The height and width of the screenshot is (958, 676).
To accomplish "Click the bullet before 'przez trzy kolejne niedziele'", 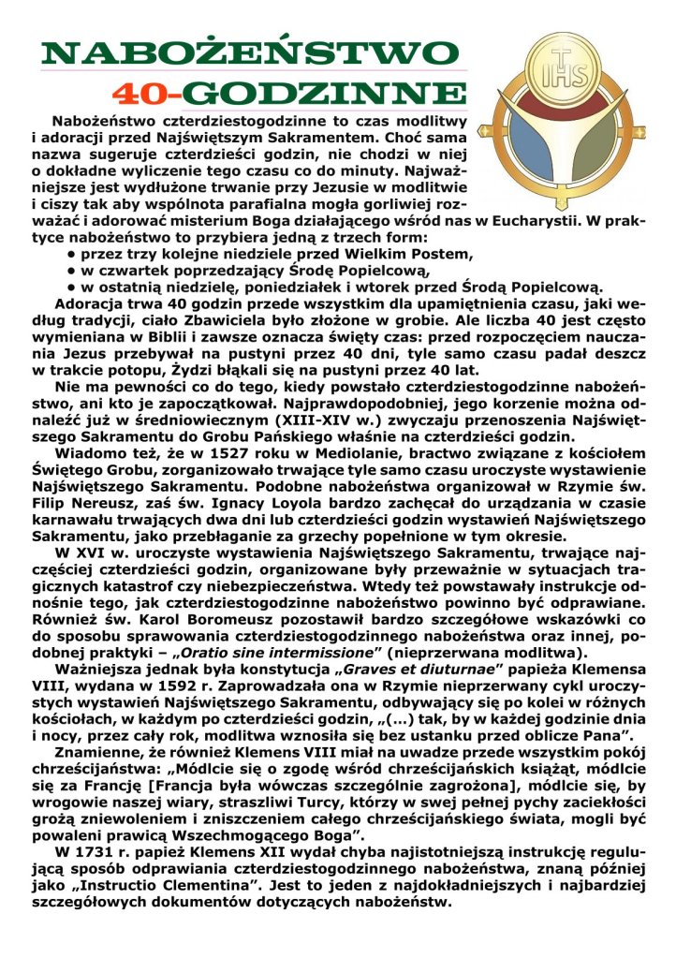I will (x=72, y=254).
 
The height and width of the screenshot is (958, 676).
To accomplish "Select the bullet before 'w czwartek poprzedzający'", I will (x=72, y=271).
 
